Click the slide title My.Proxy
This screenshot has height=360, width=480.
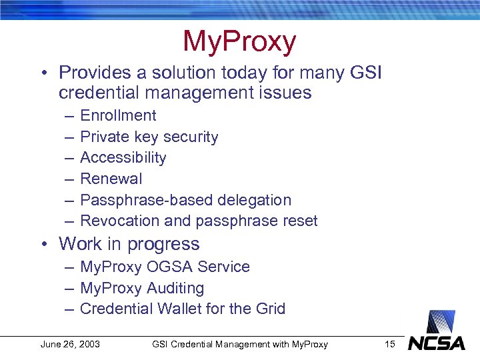click(x=239, y=42)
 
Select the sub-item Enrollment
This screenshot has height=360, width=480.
click(x=118, y=115)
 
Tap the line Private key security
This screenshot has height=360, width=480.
click(x=149, y=137)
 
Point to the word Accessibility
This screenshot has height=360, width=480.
click(x=123, y=158)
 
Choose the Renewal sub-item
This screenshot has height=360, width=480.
click(x=111, y=179)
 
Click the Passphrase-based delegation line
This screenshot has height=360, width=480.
click(x=185, y=200)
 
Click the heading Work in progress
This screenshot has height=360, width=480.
click(x=129, y=244)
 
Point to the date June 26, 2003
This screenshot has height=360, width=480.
click(x=70, y=344)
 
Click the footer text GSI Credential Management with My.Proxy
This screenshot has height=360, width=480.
click(x=239, y=344)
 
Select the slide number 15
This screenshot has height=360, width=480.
click(x=390, y=344)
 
